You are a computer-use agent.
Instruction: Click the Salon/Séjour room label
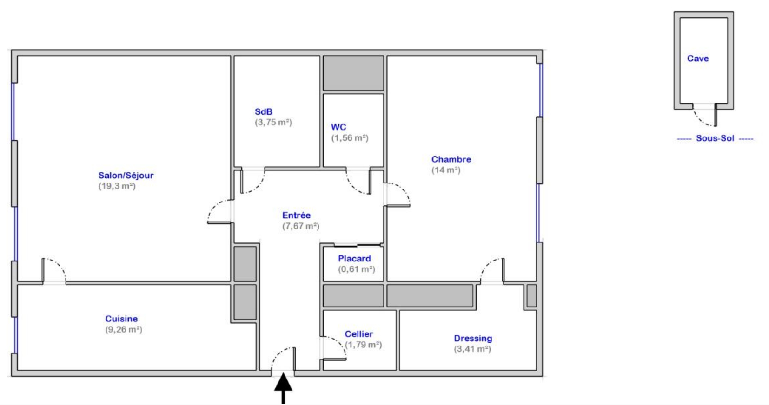126,176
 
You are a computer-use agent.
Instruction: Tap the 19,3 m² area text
117,186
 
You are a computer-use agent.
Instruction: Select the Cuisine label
121,319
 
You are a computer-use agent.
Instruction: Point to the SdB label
263,112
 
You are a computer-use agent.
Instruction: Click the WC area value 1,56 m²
350,138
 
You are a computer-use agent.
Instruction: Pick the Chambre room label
451,159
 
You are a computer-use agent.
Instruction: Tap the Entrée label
296,216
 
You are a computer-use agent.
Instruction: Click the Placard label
354,259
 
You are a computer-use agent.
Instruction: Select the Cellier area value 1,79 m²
363,345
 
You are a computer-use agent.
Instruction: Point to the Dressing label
473,339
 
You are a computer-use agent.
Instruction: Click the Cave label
697,59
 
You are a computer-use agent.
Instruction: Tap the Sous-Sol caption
715,138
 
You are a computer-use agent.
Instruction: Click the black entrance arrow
283,389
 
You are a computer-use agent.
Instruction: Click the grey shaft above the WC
353,73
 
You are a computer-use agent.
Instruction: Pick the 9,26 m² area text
124,330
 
